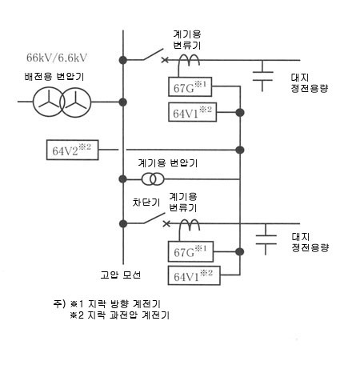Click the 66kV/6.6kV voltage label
[x=57, y=58]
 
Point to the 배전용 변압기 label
[x=54, y=77]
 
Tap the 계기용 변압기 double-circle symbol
[x=153, y=179]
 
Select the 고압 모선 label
[x=121, y=275]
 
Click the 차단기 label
[x=146, y=203]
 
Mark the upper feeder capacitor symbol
[x=262, y=76]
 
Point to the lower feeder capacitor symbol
[x=266, y=239]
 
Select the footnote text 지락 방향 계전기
[x=124, y=303]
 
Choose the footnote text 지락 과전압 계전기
[x=129, y=315]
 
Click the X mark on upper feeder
[x=165, y=60]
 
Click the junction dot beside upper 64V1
[x=240, y=113]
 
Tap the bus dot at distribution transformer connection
[x=123, y=102]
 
